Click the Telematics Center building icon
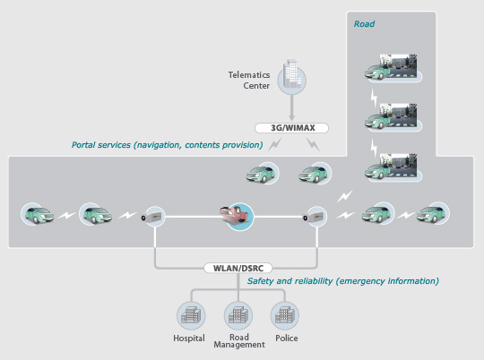pyautogui.click(x=291, y=78)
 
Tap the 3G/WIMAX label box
pyautogui.click(x=291, y=128)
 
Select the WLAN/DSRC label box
pyautogui.click(x=238, y=268)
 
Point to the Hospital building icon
pyautogui.click(x=191, y=316)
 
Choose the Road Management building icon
pyautogui.click(x=238, y=316)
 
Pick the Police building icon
pyautogui.click(x=285, y=316)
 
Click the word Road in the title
pyautogui.click(x=364, y=24)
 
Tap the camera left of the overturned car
pyautogui.click(x=153, y=216)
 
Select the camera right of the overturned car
pyautogui.click(x=315, y=216)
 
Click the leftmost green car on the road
pyautogui.click(x=38, y=213)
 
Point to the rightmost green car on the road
pyautogui.click(x=433, y=213)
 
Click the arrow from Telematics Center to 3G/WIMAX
pyautogui.click(x=291, y=107)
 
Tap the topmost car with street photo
pyautogui.click(x=392, y=67)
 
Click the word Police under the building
pyautogui.click(x=287, y=339)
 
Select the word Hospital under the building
pyautogui.click(x=189, y=339)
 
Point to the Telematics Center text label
pyautogui.click(x=249, y=81)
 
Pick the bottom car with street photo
pyautogui.click(x=392, y=167)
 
